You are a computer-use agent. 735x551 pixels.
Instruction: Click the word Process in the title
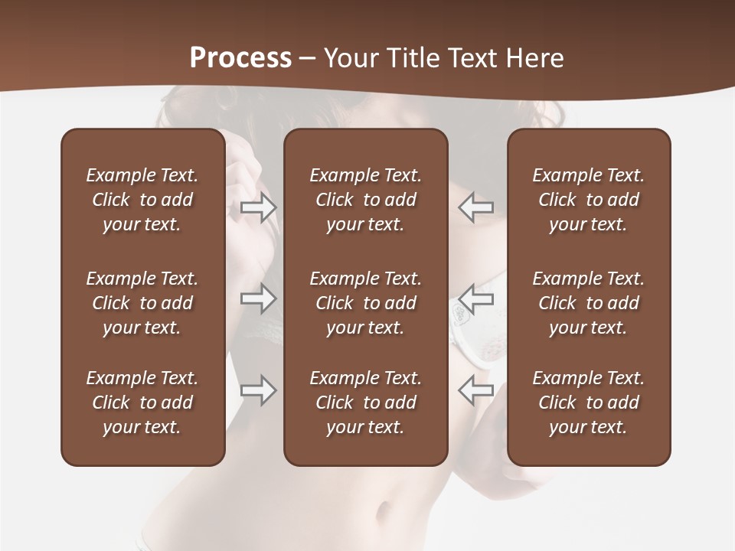coord(240,58)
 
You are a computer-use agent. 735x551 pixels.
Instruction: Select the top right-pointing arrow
coord(259,207)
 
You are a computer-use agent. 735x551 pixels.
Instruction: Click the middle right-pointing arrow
coord(259,298)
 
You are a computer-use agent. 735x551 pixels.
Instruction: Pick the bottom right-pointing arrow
coord(259,390)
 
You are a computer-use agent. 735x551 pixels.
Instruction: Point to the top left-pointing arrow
coord(475,207)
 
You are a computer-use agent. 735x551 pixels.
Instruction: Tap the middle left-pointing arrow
coord(475,298)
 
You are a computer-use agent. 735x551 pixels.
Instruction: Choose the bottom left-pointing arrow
coord(475,390)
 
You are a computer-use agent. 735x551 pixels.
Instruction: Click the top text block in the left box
coord(142,200)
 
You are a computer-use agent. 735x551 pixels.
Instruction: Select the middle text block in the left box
coord(142,303)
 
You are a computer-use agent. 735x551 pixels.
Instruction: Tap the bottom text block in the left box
coord(142,403)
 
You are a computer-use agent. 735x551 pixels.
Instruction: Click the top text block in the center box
coord(365,200)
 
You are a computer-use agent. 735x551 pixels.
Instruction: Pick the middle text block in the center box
coord(365,303)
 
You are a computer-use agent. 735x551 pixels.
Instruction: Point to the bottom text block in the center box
coord(365,403)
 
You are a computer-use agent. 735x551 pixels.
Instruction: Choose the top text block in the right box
coord(588,200)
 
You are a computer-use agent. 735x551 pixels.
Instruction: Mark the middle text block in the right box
coord(588,303)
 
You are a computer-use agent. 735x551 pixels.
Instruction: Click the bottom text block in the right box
coord(588,403)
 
